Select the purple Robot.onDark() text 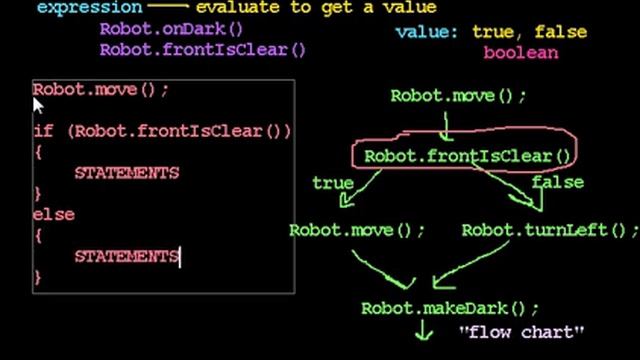pyautogui.click(x=170, y=28)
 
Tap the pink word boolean pyautogui.click(x=520, y=52)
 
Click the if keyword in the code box pyautogui.click(x=43, y=131)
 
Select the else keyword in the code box pyautogui.click(x=54, y=214)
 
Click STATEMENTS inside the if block pyautogui.click(x=126, y=173)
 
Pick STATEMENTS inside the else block pyautogui.click(x=126, y=256)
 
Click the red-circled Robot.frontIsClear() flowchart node pyautogui.click(x=466, y=156)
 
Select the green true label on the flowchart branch pyautogui.click(x=332, y=184)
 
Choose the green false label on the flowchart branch pyautogui.click(x=558, y=184)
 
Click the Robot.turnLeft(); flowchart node pyautogui.click(x=549, y=229)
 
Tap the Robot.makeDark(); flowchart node pyautogui.click(x=449, y=308)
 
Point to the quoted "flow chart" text pyautogui.click(x=521, y=331)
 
